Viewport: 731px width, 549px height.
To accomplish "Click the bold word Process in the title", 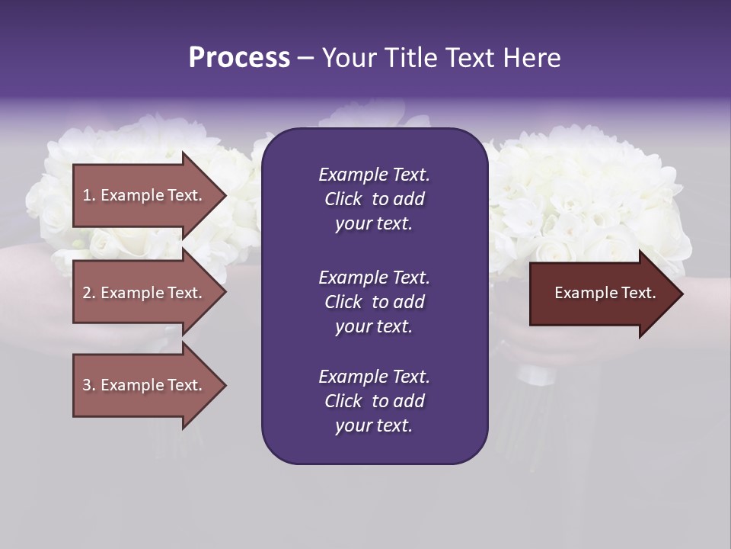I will click(x=239, y=58).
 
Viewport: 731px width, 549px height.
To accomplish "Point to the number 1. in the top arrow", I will click(x=89, y=195).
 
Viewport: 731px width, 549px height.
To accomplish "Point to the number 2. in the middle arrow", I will click(x=89, y=293).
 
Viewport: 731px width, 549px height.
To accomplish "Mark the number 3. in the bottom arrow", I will click(x=89, y=385).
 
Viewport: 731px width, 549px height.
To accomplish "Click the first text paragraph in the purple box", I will click(x=374, y=199).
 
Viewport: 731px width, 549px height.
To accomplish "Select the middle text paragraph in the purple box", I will click(x=374, y=302).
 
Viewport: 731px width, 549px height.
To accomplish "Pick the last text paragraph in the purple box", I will click(x=374, y=401).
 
